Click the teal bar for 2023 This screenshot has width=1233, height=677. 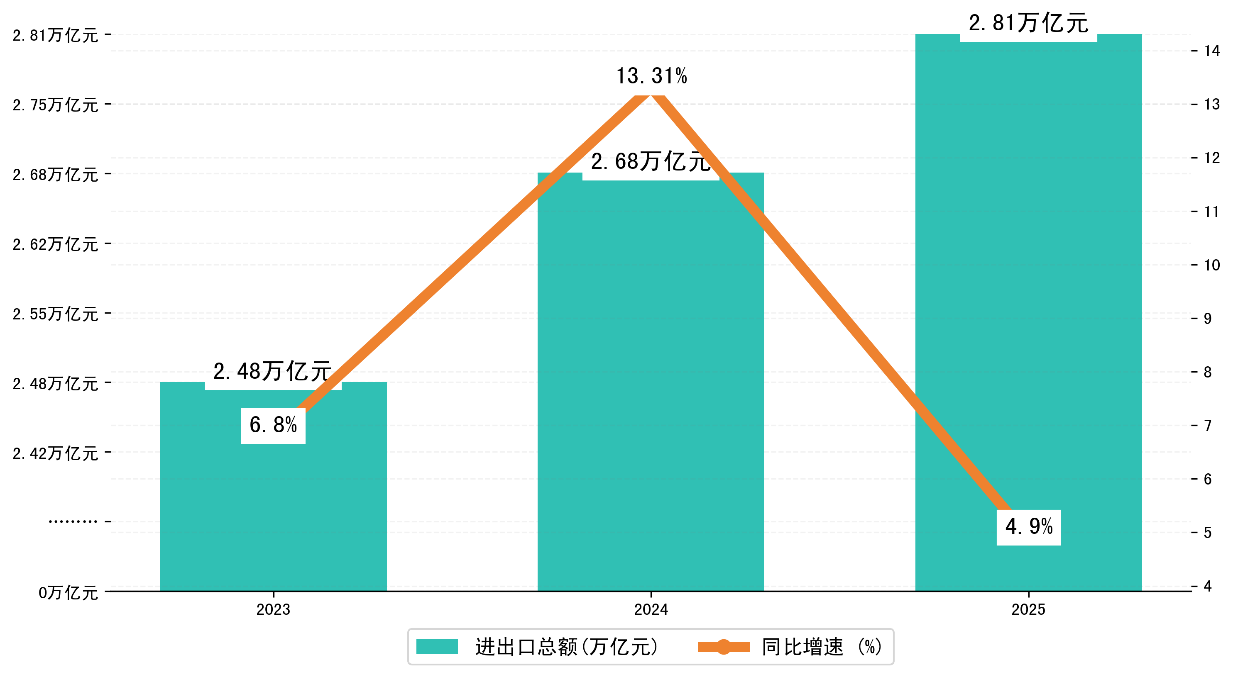[x=273, y=502]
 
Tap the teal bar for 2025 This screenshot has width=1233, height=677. [x=1028, y=287]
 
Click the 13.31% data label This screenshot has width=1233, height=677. [x=651, y=76]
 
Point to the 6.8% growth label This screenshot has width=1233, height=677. [x=273, y=425]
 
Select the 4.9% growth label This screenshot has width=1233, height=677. [x=1029, y=527]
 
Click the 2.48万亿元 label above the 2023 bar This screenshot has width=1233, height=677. [x=273, y=372]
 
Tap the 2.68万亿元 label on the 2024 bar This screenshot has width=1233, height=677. [x=651, y=162]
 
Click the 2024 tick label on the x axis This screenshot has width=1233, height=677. [x=651, y=609]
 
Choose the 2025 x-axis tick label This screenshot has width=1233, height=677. [x=1028, y=609]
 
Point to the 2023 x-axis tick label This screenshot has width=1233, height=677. [x=273, y=609]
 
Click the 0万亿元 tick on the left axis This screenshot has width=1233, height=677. [x=68, y=593]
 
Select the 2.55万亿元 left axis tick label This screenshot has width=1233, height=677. [x=56, y=314]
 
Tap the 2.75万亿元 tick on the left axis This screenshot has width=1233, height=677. [x=56, y=105]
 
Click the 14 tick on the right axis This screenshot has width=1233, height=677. [x=1212, y=51]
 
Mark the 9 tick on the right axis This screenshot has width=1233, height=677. [x=1208, y=319]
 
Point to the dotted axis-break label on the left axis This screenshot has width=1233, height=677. [x=73, y=521]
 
